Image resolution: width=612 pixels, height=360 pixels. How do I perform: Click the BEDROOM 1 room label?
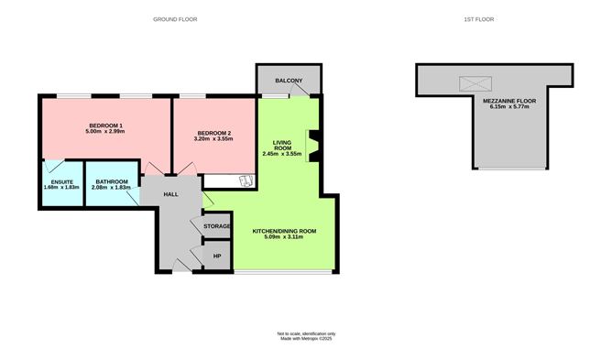pyautogui.click(x=106, y=125)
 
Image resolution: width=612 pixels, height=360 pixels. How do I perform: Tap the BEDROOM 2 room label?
pyautogui.click(x=215, y=135)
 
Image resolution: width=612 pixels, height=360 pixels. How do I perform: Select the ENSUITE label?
pyautogui.click(x=61, y=181)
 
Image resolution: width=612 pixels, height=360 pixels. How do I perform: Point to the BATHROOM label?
pyautogui.click(x=111, y=181)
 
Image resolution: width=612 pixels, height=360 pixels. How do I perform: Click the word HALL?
pyautogui.click(x=171, y=195)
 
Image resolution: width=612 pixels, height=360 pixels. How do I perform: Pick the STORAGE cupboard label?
pyautogui.click(x=216, y=225)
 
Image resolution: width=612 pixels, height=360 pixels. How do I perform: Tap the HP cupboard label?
pyautogui.click(x=216, y=256)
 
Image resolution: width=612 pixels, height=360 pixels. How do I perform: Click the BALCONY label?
pyautogui.click(x=289, y=80)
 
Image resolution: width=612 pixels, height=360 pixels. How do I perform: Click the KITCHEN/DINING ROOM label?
pyautogui.click(x=284, y=231)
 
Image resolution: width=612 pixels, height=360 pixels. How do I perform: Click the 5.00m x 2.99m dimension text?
pyautogui.click(x=106, y=131)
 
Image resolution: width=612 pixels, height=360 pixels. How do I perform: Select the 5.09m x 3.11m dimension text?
pyautogui.click(x=284, y=237)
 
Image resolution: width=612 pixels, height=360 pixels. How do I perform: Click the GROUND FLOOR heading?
pyautogui.click(x=175, y=19)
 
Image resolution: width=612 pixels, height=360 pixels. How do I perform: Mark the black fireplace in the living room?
pyautogui.click(x=313, y=145)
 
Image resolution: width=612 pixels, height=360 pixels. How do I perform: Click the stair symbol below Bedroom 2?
pyautogui.click(x=244, y=180)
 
